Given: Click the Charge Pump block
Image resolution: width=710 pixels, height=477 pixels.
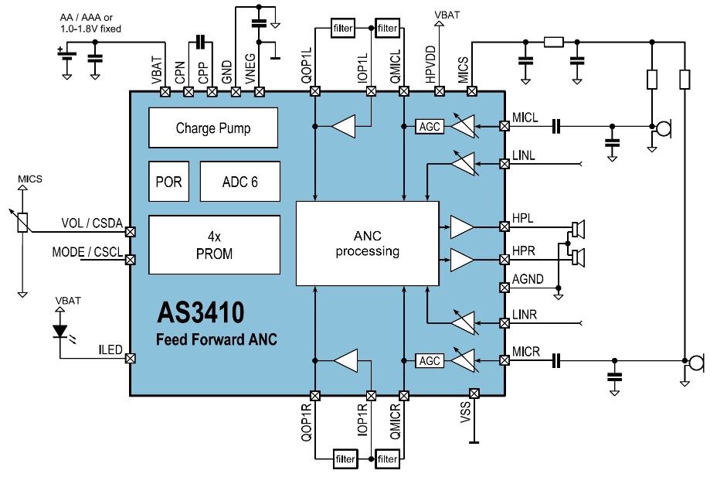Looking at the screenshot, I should pyautogui.click(x=212, y=128).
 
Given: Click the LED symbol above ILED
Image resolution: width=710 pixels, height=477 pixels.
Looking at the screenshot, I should pyautogui.click(x=60, y=330).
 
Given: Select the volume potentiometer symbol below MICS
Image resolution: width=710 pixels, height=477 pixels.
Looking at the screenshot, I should pyautogui.click(x=23, y=222).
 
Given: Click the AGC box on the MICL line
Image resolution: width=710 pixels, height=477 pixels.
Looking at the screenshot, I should pyautogui.click(x=430, y=126).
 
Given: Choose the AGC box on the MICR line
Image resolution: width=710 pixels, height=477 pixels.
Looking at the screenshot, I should pyautogui.click(x=430, y=360).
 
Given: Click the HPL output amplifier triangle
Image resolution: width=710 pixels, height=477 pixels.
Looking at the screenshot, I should pyautogui.click(x=463, y=227).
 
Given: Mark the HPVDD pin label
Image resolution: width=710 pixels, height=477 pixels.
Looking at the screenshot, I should pyautogui.click(x=440, y=68).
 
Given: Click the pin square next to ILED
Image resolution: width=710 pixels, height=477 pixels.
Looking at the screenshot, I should pyautogui.click(x=131, y=358).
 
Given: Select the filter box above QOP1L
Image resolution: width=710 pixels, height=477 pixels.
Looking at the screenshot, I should pyautogui.click(x=342, y=29).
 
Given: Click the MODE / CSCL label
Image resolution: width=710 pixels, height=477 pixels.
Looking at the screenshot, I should pyautogui.click(x=86, y=252).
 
